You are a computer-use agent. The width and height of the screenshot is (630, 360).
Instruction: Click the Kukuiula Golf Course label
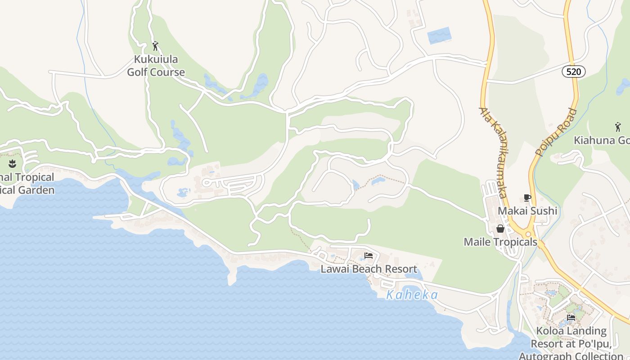(x=156, y=66)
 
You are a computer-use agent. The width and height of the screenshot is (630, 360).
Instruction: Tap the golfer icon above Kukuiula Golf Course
(x=155, y=46)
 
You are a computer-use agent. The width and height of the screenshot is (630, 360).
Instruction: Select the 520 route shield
(x=573, y=71)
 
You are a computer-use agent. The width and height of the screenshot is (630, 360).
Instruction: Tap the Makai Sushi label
(x=527, y=211)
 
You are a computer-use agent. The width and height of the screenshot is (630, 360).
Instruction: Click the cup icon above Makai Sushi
(x=527, y=198)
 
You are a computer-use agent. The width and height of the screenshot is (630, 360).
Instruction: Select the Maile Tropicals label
(x=500, y=242)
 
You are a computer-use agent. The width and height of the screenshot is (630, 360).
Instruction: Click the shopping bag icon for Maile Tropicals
(x=500, y=229)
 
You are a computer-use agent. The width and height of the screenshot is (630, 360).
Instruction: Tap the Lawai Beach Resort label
(x=369, y=269)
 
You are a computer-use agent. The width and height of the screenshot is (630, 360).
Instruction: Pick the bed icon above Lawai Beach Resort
(x=369, y=256)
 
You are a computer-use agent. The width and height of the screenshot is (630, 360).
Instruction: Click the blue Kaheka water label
(x=412, y=295)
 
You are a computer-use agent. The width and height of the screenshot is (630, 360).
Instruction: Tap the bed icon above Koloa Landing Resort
(x=571, y=317)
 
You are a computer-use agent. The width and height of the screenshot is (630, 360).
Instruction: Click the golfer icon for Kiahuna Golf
(x=617, y=127)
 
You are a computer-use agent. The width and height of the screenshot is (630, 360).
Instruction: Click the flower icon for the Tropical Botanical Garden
(x=12, y=164)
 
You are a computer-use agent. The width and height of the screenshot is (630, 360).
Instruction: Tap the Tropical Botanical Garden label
(x=27, y=184)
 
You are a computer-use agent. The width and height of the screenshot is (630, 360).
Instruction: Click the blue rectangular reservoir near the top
(x=439, y=36)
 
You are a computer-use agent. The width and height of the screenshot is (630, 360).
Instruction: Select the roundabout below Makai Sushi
(x=528, y=234)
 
